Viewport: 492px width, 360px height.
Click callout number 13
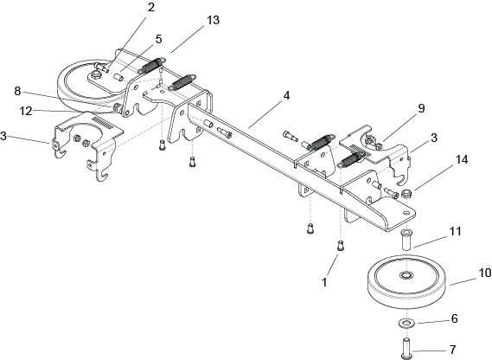pyautogui.click(x=213, y=20)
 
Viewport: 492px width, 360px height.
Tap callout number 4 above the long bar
pyautogui.click(x=286, y=95)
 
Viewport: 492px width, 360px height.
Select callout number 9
pyautogui.click(x=421, y=108)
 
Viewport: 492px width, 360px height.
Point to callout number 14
pyautogui.click(x=461, y=159)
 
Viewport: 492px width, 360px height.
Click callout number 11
pyautogui.click(x=456, y=232)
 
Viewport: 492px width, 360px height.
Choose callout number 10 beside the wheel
pyautogui.click(x=485, y=273)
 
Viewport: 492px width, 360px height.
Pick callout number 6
pyautogui.click(x=454, y=318)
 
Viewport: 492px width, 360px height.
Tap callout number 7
pyautogui.click(x=452, y=350)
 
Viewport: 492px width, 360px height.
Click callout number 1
pyautogui.click(x=324, y=282)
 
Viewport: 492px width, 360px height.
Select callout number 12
pyautogui.click(x=26, y=111)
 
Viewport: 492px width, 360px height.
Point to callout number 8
pyautogui.click(x=17, y=91)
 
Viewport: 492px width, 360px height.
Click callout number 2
pyautogui.click(x=151, y=7)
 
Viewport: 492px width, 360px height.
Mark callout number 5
pyautogui.click(x=159, y=39)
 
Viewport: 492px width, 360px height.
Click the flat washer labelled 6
pyautogui.click(x=406, y=323)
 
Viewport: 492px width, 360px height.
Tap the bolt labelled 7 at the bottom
pyautogui.click(x=406, y=348)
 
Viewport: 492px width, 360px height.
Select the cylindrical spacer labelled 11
pyautogui.click(x=406, y=240)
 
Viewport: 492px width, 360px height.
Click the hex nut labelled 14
pyautogui.click(x=407, y=193)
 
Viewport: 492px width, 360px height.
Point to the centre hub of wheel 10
pyautogui.click(x=406, y=275)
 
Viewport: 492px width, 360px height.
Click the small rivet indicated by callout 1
pyautogui.click(x=341, y=245)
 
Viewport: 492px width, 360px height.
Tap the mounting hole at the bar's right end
pyautogui.click(x=406, y=213)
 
